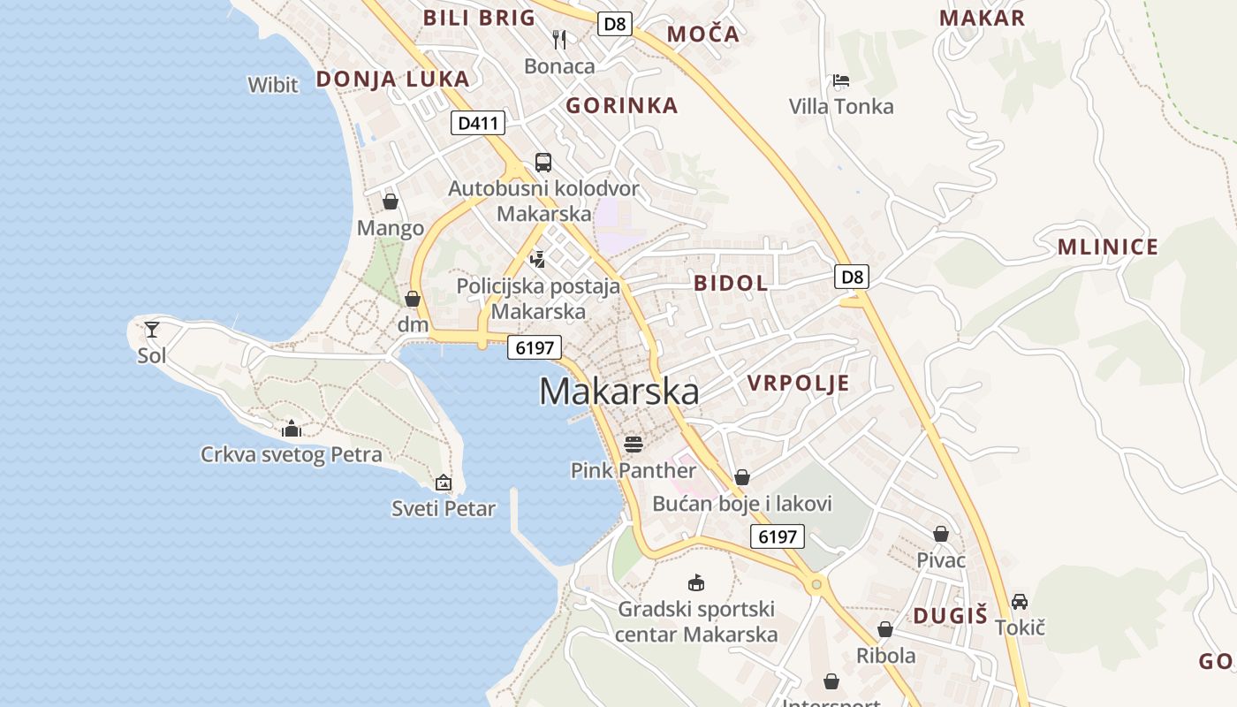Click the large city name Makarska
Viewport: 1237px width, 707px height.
tap(618, 392)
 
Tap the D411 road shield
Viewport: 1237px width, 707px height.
tap(478, 123)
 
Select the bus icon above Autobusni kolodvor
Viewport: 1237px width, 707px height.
tap(543, 163)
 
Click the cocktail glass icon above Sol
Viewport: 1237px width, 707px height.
tap(152, 330)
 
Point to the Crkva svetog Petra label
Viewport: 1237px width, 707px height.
tap(292, 455)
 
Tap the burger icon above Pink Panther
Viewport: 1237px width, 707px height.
tap(633, 444)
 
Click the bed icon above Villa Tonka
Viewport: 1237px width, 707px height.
tap(841, 81)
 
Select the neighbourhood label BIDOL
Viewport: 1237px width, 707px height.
tap(731, 283)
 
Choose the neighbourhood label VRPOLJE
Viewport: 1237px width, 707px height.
tap(798, 383)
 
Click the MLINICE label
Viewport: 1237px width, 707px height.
tap(1108, 247)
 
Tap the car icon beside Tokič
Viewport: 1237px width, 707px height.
tap(1020, 601)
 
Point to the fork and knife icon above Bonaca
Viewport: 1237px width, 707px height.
tap(559, 39)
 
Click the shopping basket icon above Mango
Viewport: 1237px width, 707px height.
tap(391, 202)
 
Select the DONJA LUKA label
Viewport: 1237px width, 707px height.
tap(392, 79)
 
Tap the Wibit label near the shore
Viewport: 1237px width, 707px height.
tap(273, 85)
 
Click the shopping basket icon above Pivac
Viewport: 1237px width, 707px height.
tap(941, 534)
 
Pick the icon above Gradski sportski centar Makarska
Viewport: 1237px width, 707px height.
tap(696, 582)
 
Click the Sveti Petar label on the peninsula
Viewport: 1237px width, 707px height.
tap(444, 508)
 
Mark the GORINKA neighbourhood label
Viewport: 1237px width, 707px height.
tap(622, 106)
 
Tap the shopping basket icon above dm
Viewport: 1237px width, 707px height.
tap(413, 299)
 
